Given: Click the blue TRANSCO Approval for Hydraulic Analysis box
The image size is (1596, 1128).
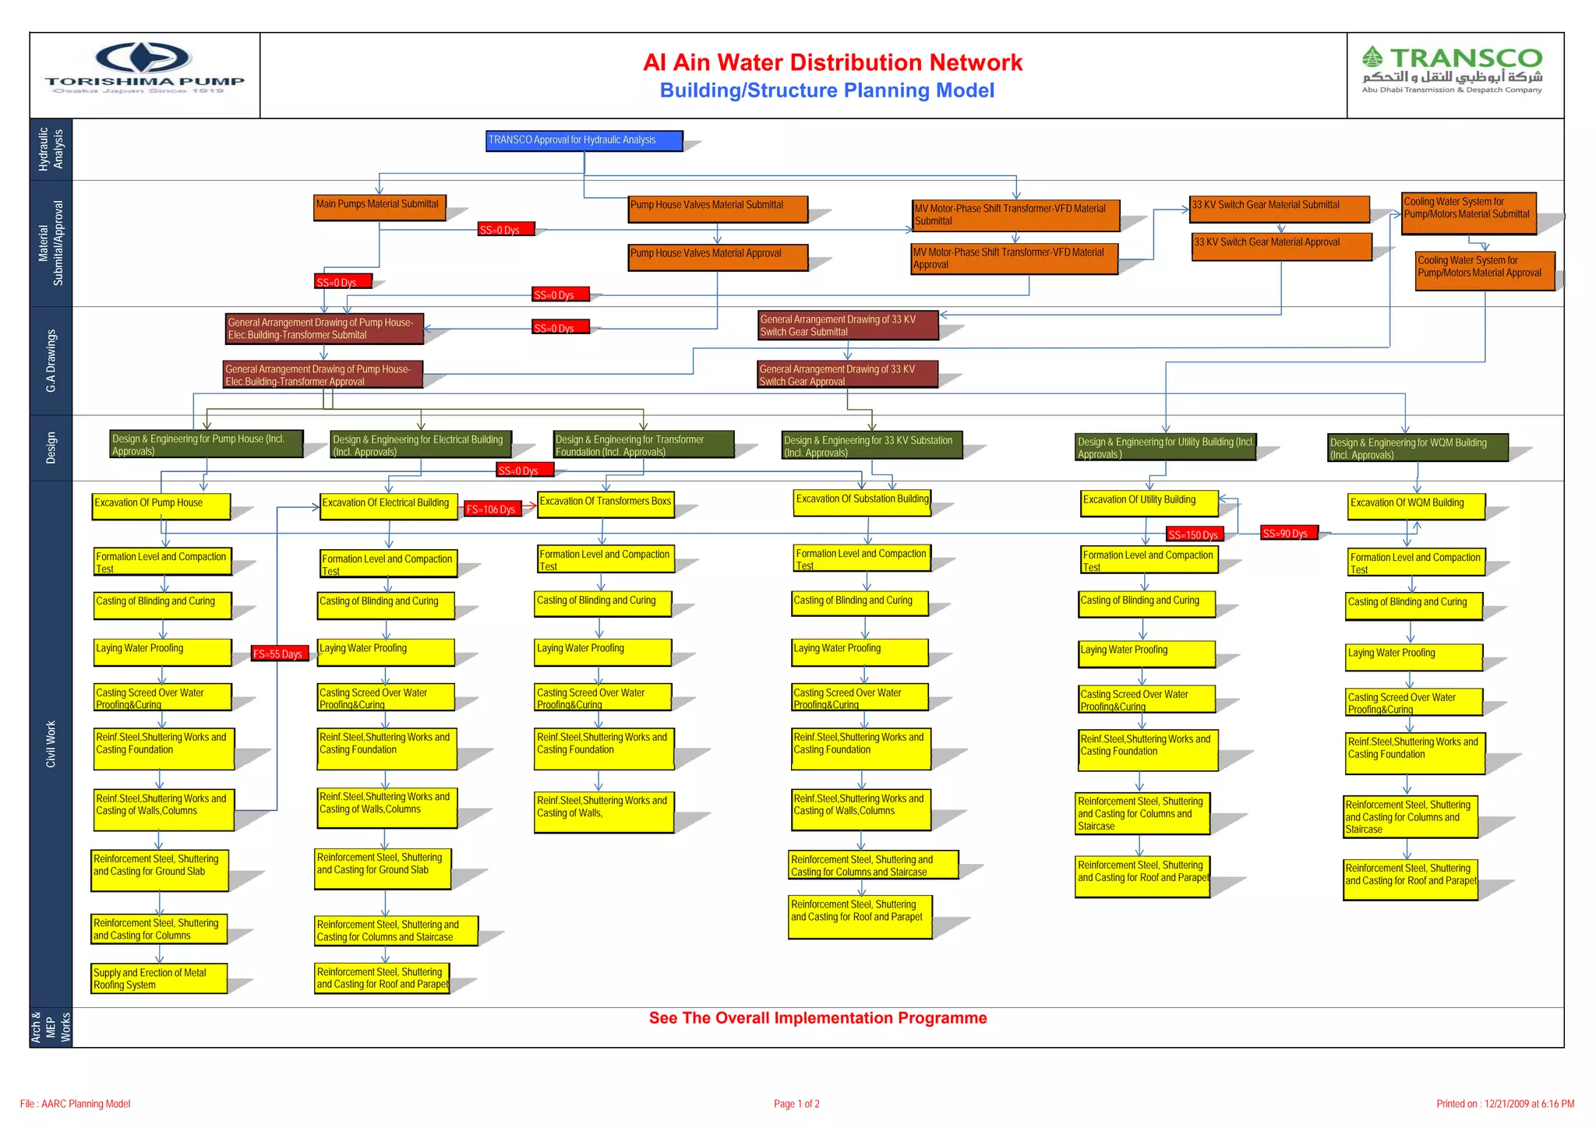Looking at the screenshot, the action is [584, 140].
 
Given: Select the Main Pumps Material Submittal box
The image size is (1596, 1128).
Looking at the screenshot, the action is [380, 207].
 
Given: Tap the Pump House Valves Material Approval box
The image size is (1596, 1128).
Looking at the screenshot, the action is [718, 257].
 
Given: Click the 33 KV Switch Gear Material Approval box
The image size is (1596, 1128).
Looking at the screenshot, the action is [1281, 246].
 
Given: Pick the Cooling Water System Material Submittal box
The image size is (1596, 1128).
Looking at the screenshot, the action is [1469, 213].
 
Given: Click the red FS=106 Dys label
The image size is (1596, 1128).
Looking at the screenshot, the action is [492, 509].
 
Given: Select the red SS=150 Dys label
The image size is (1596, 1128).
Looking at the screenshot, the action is [1194, 534].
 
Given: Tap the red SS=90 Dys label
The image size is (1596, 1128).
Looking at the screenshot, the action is [1287, 534].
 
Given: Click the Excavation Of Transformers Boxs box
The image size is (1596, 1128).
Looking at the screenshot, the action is [606, 504].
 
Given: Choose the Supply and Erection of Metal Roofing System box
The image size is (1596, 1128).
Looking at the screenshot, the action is [159, 978].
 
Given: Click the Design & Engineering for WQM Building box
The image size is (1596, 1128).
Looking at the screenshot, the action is [1418, 448].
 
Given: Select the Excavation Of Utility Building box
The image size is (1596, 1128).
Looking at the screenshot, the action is [1149, 503].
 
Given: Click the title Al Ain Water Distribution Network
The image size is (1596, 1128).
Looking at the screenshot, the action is [832, 62].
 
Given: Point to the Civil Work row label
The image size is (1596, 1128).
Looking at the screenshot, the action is [51, 744].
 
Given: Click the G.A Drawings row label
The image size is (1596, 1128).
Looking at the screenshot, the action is [51, 361].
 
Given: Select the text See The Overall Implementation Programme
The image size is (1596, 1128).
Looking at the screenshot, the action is [817, 1018].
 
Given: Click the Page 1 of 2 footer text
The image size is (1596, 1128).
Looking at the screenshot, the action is [796, 1104].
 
